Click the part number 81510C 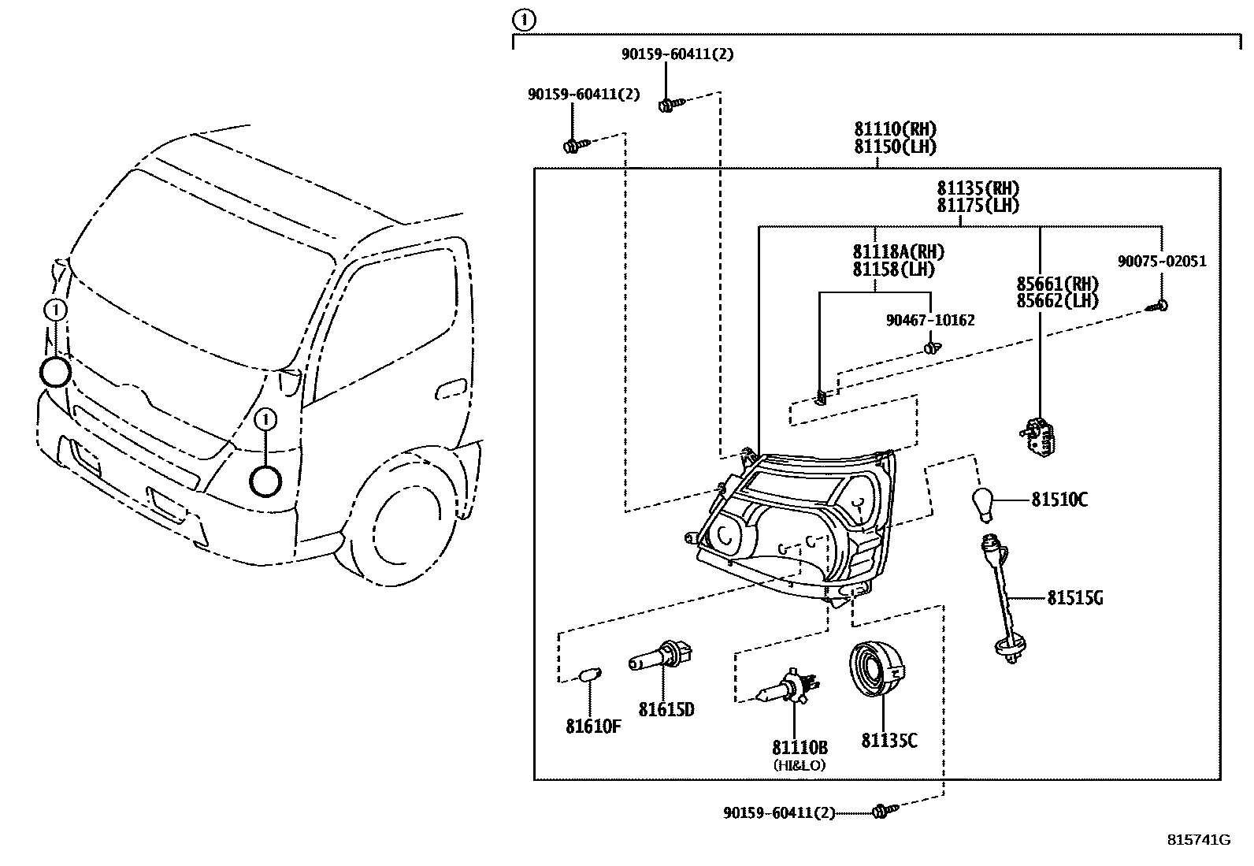[1059, 500]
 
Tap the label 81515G [1074, 598]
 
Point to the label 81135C [889, 741]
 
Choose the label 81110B [800, 747]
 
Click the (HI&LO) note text [800, 764]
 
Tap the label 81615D [666, 710]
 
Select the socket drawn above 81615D [661, 659]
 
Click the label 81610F [592, 727]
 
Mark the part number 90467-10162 [930, 320]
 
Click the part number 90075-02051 [1162, 262]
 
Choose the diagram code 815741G [1198, 839]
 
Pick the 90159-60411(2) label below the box [779, 812]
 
